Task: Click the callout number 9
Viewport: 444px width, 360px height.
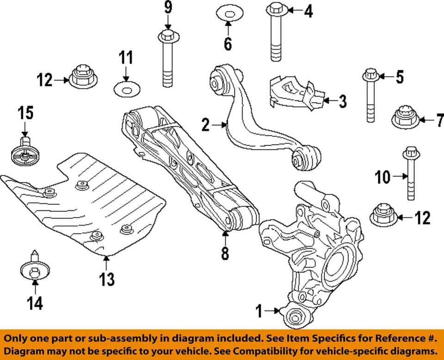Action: tap(167, 8)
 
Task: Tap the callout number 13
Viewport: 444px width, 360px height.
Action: tap(106, 279)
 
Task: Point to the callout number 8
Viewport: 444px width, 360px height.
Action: tap(225, 254)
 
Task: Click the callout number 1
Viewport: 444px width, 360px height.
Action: tap(259, 311)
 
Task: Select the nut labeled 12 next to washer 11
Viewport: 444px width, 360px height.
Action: tap(82, 77)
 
